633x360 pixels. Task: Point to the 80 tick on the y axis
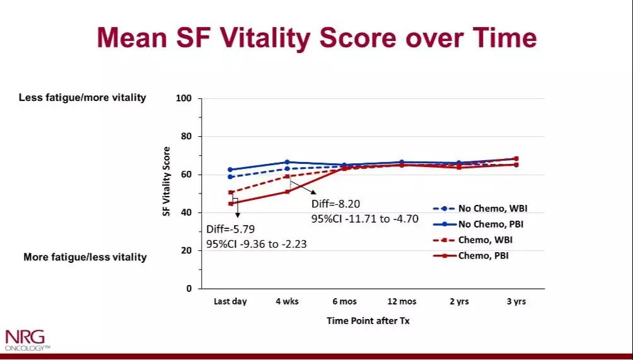187,137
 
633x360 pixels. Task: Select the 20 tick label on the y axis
187,250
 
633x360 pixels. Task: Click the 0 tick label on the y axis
189,289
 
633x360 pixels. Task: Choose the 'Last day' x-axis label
230,302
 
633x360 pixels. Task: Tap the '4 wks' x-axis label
287,302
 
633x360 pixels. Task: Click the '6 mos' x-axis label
344,302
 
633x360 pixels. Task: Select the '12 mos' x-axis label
402,302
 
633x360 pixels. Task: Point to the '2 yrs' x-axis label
459,302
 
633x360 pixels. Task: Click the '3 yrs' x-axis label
516,302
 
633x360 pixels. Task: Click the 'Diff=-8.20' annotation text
337,205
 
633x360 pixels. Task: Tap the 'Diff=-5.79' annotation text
231,229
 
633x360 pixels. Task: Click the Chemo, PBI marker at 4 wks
287,192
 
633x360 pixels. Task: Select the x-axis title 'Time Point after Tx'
368,321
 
